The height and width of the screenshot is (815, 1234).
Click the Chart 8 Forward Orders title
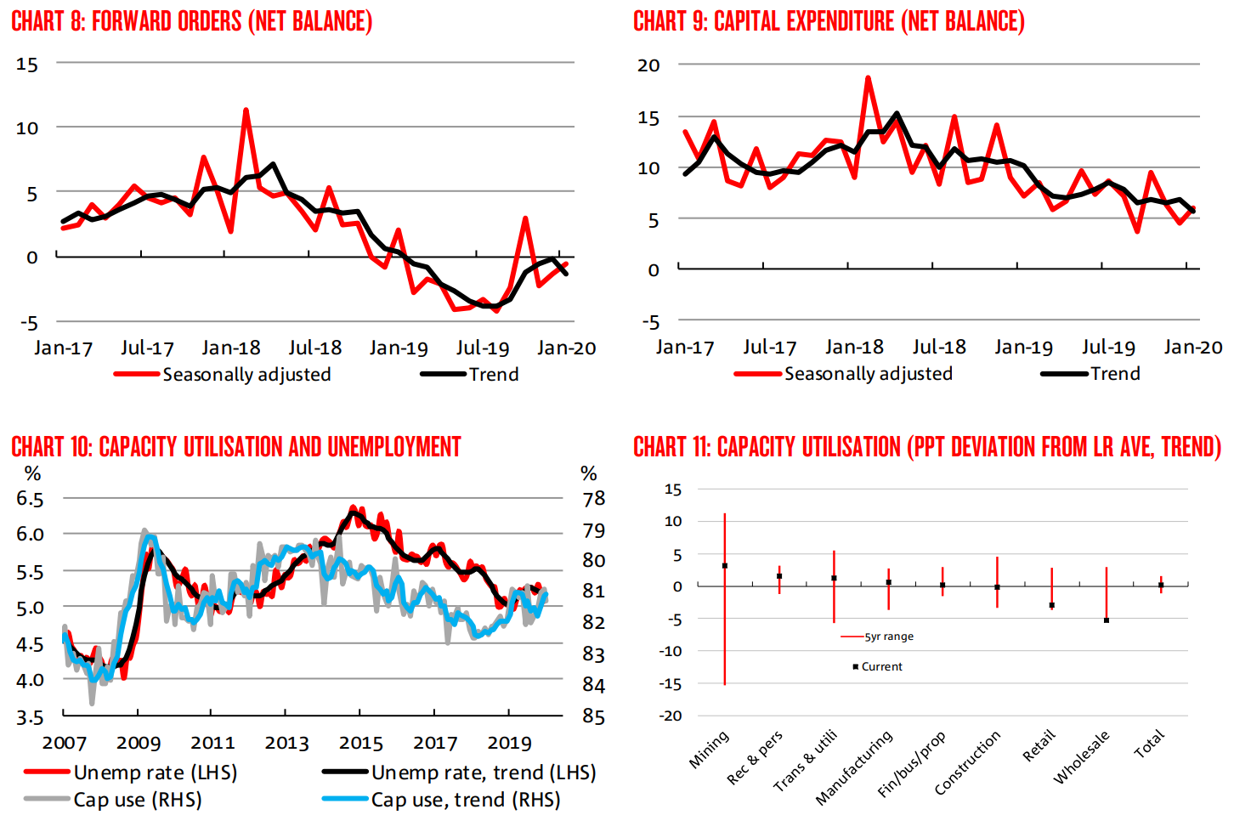pyautogui.click(x=191, y=21)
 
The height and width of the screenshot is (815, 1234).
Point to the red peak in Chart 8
pyautogui.click(x=246, y=110)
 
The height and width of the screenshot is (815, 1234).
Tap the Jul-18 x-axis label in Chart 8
pyautogui.click(x=314, y=348)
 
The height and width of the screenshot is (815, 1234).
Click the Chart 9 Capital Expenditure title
pyautogui.click(x=829, y=21)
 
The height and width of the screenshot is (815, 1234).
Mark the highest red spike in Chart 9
pyautogui.click(x=868, y=78)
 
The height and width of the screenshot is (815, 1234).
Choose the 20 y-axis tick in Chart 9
pyautogui.click(x=648, y=65)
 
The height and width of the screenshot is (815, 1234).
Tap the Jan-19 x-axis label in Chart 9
pyautogui.click(x=1023, y=347)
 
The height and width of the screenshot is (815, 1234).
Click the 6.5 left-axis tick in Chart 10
pyautogui.click(x=30, y=499)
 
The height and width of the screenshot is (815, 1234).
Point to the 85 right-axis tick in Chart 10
pyautogui.click(x=594, y=716)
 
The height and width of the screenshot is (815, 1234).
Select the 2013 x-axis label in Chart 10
pyautogui.click(x=286, y=743)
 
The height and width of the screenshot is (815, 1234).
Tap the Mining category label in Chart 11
pyautogui.click(x=710, y=750)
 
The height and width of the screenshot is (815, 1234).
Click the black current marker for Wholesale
pyautogui.click(x=1107, y=620)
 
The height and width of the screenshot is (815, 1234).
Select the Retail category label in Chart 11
pyautogui.click(x=1039, y=744)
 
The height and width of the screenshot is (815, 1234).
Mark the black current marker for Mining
pyautogui.click(x=724, y=566)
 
